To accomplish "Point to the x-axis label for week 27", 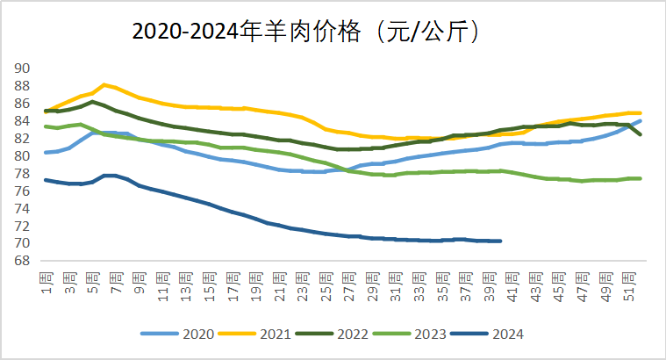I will click(x=349, y=282).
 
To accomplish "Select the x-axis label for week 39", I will click(x=489, y=282).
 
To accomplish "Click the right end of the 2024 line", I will click(x=500, y=241).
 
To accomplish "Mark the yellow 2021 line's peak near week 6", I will click(x=104, y=84).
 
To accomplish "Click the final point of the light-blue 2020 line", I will click(x=640, y=120).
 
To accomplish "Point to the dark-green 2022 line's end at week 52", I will click(x=640, y=134).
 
